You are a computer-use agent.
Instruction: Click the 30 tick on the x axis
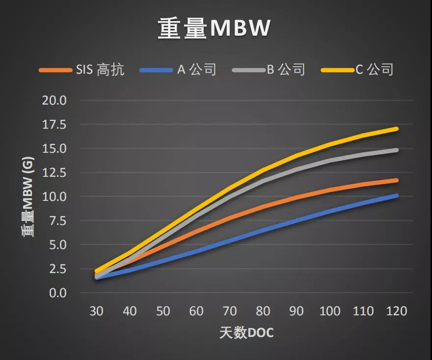[96, 311]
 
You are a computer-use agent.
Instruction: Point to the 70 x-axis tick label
[230, 311]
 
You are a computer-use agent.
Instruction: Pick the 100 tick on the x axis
[330, 311]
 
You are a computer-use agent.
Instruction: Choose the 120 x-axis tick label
[397, 311]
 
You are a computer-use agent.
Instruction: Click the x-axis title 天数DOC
[246, 333]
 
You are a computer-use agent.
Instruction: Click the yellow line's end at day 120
[397, 129]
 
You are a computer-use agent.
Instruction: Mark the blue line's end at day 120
[397, 195]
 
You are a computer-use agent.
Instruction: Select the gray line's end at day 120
[397, 150]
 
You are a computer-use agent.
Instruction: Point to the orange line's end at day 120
[397, 180]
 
